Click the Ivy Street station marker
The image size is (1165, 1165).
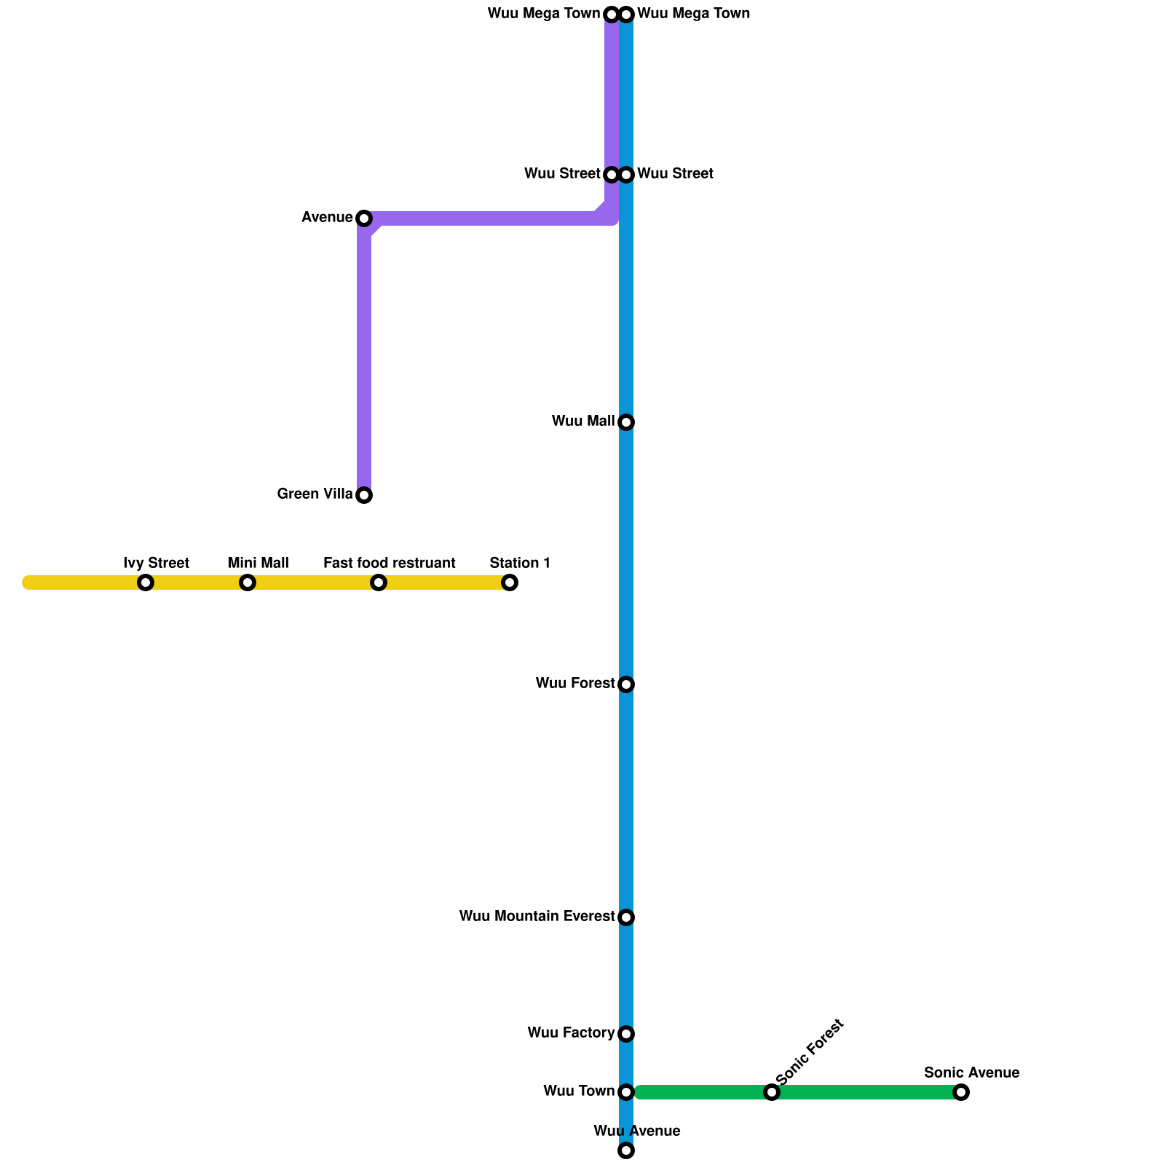point(146,582)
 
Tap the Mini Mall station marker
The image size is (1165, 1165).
point(248,582)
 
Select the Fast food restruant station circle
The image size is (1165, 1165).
point(378,582)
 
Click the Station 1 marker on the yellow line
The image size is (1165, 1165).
point(510,582)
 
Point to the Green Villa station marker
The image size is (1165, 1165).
point(364,495)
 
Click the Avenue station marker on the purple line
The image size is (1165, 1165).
point(364,218)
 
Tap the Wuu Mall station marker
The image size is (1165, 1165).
point(626,422)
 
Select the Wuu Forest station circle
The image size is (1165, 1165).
point(626,684)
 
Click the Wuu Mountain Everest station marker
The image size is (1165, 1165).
point(626,917)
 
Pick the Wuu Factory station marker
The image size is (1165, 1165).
point(626,1034)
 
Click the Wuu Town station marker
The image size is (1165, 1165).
point(626,1092)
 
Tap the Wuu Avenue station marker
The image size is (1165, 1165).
point(626,1150)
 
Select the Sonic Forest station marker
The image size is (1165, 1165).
point(772,1092)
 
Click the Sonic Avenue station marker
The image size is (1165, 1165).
point(961,1092)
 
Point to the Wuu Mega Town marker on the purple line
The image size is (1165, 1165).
point(612,15)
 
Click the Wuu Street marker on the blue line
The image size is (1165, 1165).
point(626,175)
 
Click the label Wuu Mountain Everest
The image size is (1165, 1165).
point(537,917)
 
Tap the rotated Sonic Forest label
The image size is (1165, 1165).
point(810,1052)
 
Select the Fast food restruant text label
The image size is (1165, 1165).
point(390,564)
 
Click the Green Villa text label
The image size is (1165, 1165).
point(315,494)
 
